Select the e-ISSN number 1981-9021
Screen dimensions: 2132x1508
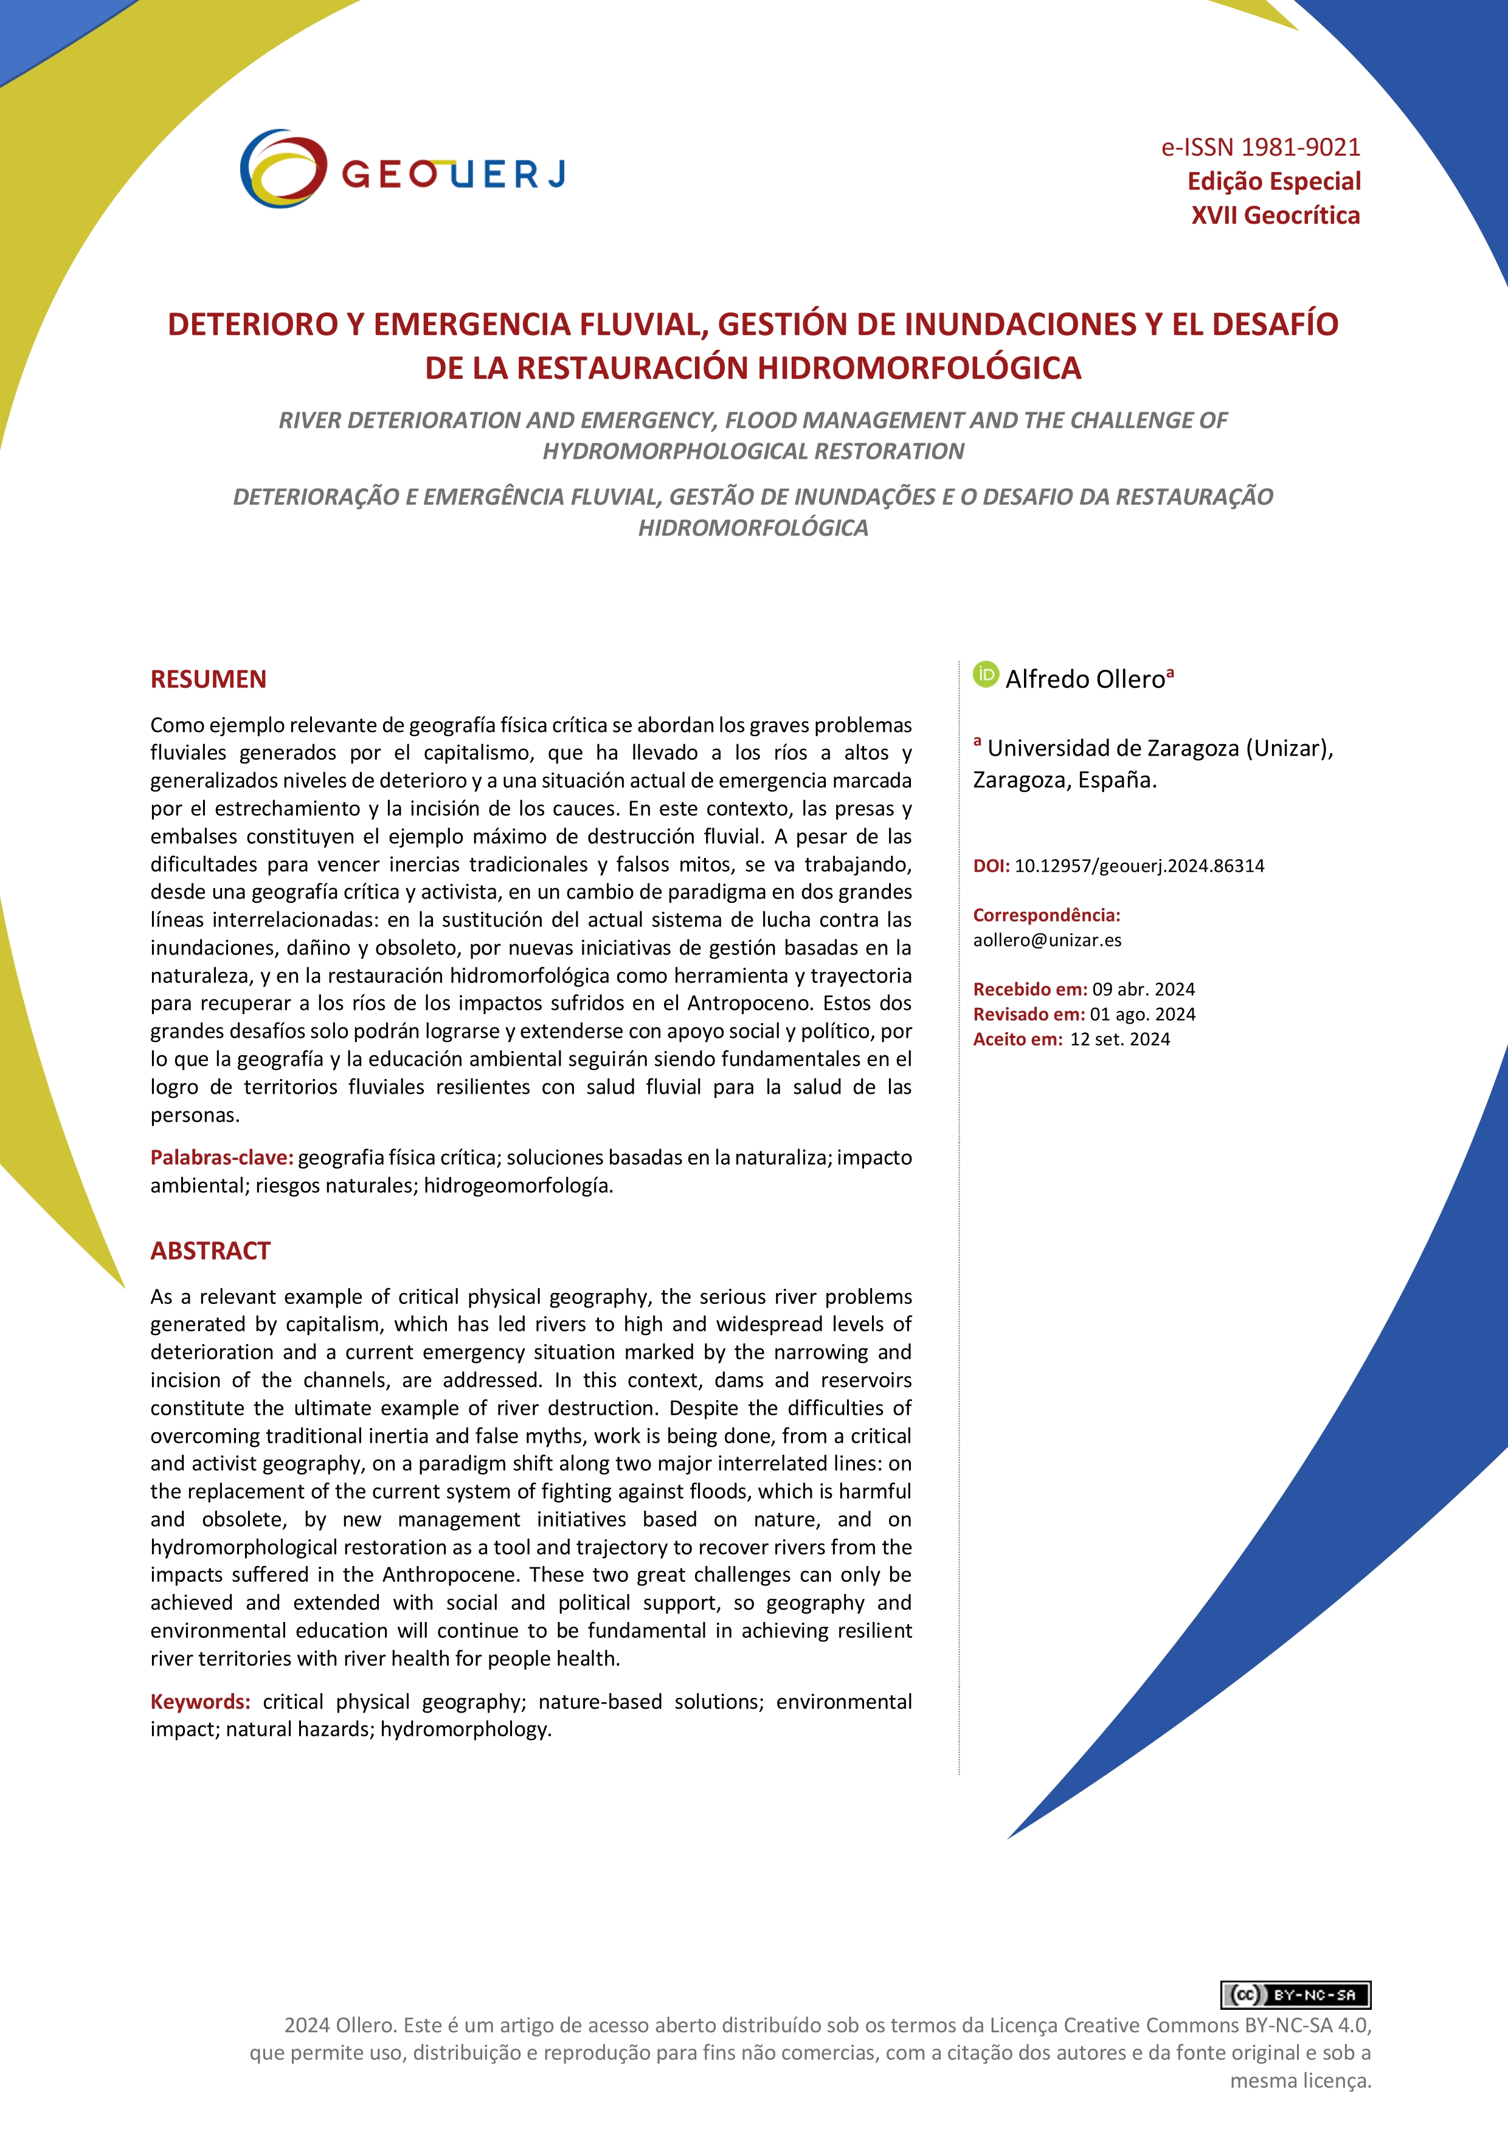pyautogui.click(x=1300, y=148)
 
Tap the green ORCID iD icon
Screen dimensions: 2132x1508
pyautogui.click(x=985, y=674)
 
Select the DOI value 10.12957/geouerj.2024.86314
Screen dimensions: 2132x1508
pyautogui.click(x=1138, y=866)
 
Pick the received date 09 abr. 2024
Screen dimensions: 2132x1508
pyautogui.click(x=1143, y=989)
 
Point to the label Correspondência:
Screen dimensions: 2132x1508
pyautogui.click(x=1046, y=915)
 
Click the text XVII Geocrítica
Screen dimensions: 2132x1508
pyautogui.click(x=1275, y=215)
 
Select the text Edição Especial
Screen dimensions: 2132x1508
pyautogui.click(x=1273, y=181)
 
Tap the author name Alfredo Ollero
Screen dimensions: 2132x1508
pyautogui.click(x=1085, y=679)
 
